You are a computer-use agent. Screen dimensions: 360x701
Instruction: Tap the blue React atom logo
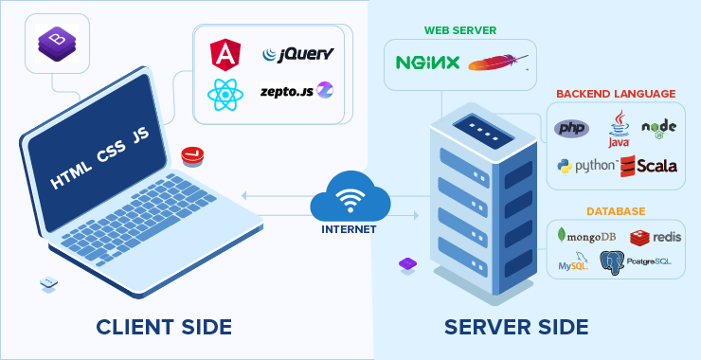tap(225, 94)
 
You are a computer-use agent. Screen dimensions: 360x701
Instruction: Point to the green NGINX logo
tap(427, 63)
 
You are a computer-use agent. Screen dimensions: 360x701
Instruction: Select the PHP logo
tap(572, 128)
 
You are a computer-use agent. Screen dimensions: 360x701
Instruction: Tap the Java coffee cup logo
tap(619, 128)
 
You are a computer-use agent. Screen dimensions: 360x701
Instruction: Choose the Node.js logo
tap(659, 130)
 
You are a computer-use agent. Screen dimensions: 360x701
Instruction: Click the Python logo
tap(587, 166)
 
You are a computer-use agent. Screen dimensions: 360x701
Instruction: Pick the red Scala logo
tap(650, 166)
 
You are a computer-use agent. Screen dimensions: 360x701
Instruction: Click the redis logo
tap(656, 236)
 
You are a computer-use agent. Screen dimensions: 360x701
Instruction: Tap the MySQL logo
tap(574, 262)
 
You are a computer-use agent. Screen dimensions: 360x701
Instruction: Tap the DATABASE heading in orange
tap(615, 210)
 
